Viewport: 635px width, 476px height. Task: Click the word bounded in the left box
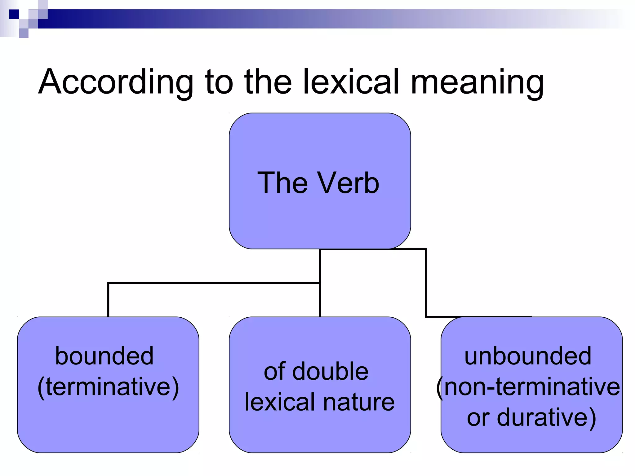pyautogui.click(x=104, y=356)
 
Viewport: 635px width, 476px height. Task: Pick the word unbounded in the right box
pyautogui.click(x=528, y=356)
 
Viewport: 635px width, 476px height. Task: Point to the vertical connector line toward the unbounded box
pyautogui.click(x=426, y=283)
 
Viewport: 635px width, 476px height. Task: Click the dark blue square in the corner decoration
pyautogui.click(x=14, y=14)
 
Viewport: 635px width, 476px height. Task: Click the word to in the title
pyautogui.click(x=219, y=82)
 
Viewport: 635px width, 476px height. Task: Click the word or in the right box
pyautogui.click(x=478, y=417)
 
